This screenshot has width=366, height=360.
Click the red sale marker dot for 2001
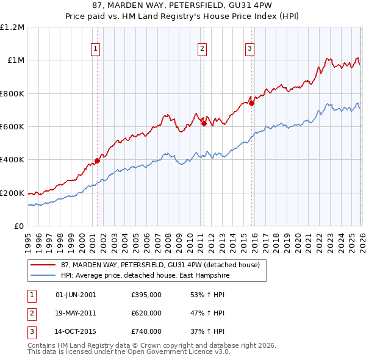click(x=97, y=161)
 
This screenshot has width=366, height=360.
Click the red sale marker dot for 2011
click(x=204, y=124)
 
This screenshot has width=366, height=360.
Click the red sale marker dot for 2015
click(x=251, y=103)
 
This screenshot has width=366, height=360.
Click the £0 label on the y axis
click(x=18, y=226)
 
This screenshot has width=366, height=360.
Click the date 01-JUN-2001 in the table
click(x=76, y=295)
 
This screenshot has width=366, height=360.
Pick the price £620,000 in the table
click(x=146, y=313)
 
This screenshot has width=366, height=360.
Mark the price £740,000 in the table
click(x=146, y=332)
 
